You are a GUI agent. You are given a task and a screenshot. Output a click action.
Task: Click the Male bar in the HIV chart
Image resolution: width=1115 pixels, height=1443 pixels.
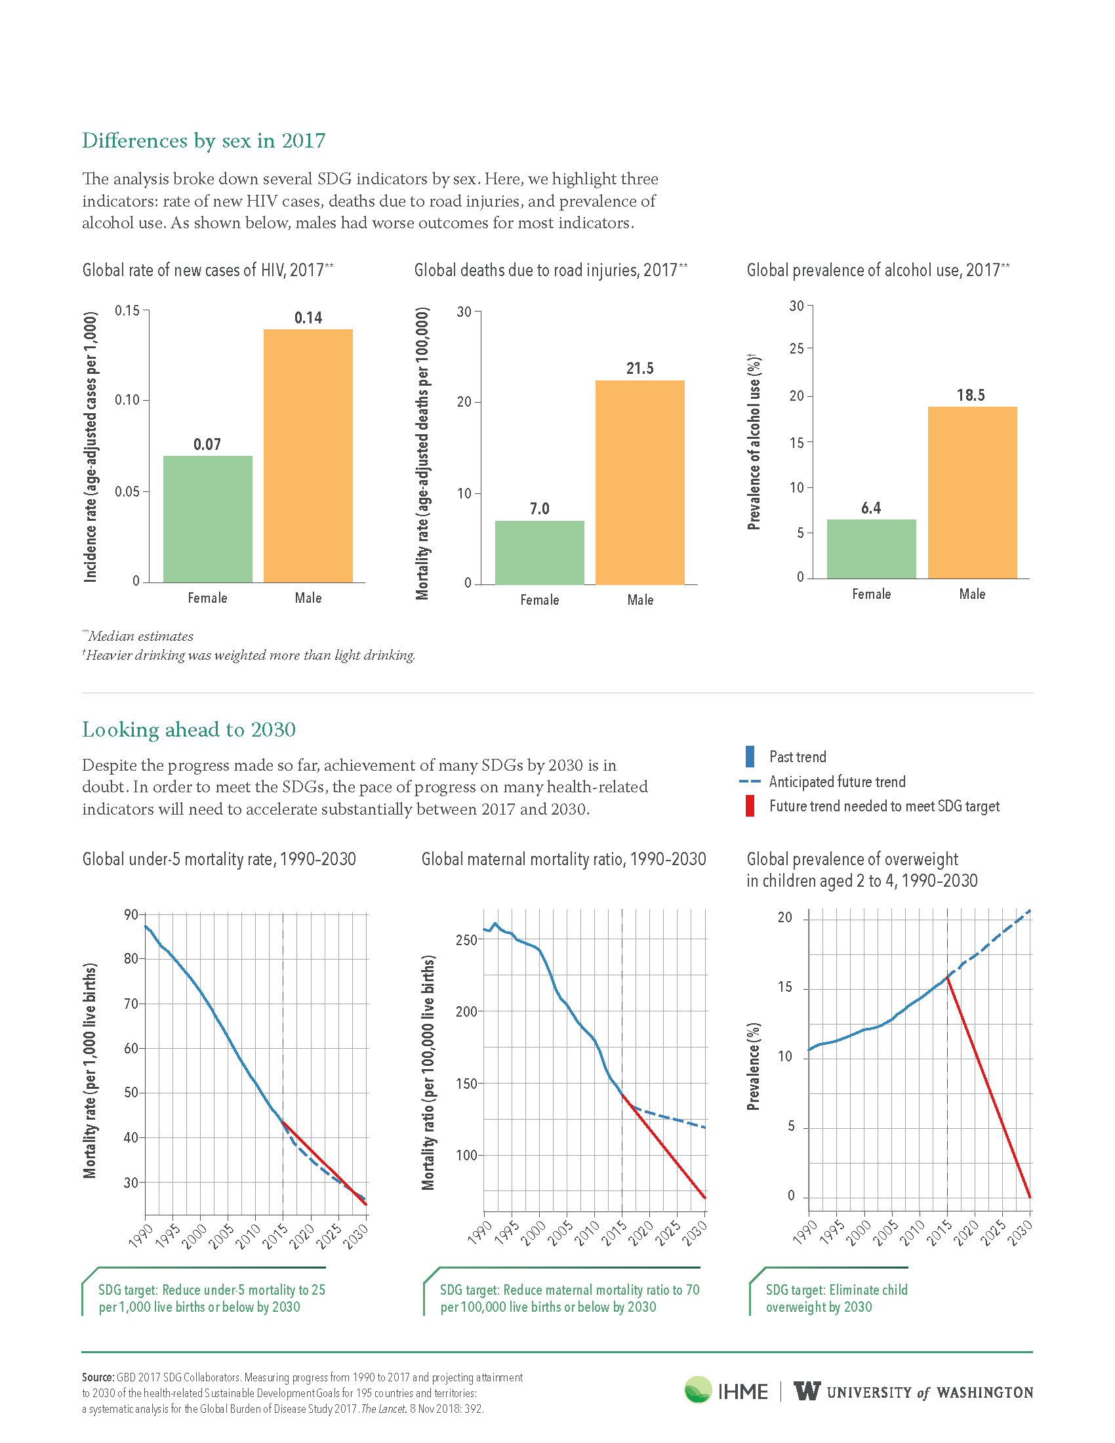coord(308,456)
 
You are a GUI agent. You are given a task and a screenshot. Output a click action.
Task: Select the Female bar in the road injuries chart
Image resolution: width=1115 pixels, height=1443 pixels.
coord(540,552)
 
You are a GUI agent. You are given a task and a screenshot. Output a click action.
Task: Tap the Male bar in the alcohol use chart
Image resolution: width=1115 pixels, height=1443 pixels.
coord(972,493)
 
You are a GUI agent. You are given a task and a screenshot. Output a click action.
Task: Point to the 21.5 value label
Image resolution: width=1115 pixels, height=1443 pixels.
coord(640,368)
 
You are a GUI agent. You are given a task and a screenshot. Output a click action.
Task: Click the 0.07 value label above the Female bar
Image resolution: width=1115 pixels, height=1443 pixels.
coord(207,444)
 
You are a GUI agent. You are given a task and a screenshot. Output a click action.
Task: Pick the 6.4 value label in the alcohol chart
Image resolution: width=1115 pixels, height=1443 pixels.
coord(870,508)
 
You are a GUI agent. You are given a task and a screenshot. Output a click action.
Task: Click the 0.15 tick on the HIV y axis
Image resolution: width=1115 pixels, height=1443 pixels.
coord(127,310)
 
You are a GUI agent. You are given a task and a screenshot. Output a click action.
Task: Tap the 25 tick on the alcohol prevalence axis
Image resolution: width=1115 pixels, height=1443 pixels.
coord(797,348)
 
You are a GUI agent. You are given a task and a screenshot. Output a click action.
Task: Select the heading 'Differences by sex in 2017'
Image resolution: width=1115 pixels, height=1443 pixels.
coord(203,141)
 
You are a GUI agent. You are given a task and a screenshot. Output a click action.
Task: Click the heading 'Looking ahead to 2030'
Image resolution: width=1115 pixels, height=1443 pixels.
coord(189,729)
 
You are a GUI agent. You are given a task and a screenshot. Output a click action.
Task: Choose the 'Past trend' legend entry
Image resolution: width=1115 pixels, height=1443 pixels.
coord(786,756)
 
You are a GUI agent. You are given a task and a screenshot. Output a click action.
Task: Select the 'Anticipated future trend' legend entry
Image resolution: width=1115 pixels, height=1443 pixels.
coord(822,782)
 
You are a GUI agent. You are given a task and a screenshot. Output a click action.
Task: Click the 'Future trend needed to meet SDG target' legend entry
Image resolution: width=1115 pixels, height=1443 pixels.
coord(872,806)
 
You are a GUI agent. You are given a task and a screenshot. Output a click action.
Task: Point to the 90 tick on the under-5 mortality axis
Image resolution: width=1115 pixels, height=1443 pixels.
coord(131,914)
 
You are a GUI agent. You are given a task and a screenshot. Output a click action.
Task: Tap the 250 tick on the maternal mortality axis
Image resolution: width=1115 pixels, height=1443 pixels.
coord(466,939)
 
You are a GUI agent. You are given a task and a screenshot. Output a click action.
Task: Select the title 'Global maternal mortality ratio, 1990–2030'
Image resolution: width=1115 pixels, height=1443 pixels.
coord(563,859)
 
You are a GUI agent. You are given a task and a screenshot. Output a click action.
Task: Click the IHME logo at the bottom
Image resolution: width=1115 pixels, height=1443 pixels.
coord(726,1391)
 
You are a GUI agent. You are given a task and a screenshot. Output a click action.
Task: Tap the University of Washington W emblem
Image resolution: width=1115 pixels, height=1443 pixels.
coord(807,1391)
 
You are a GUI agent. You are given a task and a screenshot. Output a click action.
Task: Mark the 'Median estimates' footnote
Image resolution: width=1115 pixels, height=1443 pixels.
coord(138,636)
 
